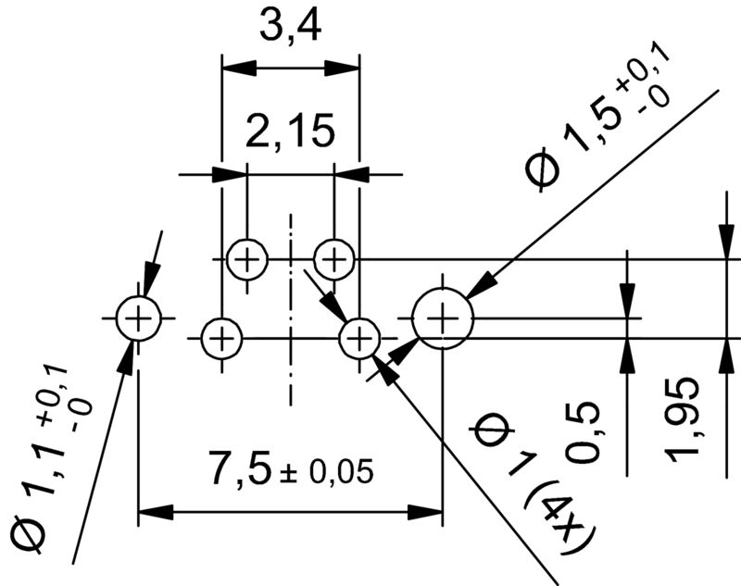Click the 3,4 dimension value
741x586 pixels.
point(290,30)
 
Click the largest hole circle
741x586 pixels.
point(443,318)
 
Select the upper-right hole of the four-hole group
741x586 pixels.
point(333,258)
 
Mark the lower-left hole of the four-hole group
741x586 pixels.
point(221,338)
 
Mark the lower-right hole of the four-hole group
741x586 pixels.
point(359,338)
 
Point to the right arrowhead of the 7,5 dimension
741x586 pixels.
point(427,511)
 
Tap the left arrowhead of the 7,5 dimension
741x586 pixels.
point(154,511)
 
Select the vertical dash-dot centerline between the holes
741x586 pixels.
point(291,305)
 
